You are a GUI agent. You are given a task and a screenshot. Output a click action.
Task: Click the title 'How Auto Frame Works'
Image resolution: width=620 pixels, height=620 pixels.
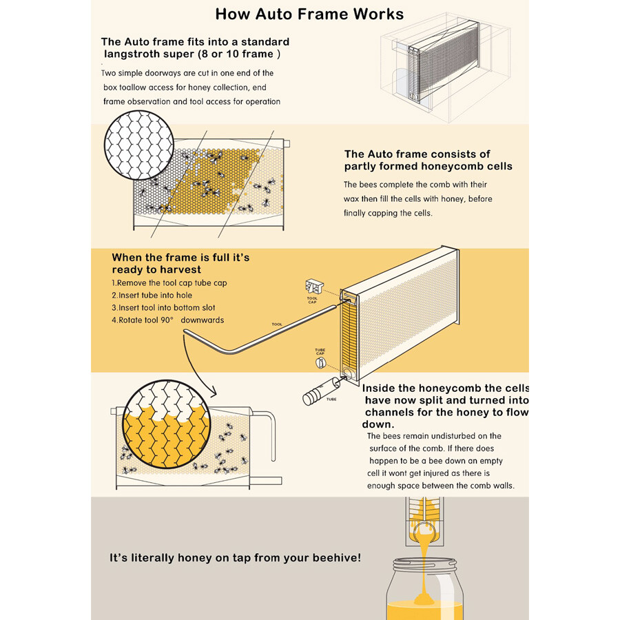coord(309,14)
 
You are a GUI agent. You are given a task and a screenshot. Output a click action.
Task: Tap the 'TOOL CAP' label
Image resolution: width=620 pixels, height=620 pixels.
coord(312,300)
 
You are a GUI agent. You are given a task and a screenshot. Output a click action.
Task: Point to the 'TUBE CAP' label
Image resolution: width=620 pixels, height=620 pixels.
coord(320,351)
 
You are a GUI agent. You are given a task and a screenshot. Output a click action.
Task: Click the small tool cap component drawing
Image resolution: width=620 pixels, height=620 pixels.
coord(315,287)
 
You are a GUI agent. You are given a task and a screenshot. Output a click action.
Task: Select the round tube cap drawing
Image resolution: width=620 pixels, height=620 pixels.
coord(320,362)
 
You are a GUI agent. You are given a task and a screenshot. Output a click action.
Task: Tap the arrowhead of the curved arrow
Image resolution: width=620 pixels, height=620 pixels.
coord(212,392)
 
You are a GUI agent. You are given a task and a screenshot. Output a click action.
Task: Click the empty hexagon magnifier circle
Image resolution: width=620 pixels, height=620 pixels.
coord(138,145)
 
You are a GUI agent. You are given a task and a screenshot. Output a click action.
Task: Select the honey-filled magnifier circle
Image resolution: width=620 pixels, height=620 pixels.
coord(167,425)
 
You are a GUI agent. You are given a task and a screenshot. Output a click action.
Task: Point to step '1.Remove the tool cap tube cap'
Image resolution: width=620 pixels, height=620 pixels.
coord(169,283)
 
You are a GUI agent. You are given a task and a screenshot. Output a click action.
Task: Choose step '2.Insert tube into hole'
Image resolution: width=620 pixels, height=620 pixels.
coord(152,296)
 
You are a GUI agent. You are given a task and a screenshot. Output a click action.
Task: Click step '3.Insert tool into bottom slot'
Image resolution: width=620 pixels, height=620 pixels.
coord(163,308)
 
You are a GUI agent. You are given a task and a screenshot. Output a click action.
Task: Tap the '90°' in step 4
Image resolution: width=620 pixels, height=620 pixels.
coord(167,320)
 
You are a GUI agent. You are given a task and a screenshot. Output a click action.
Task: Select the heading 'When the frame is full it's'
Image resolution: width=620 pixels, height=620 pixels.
coord(180,258)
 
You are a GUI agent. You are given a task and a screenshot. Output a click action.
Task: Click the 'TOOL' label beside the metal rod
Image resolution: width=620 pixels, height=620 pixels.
coord(277,324)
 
